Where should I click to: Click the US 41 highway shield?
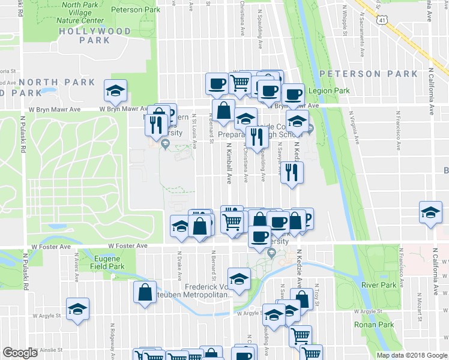[382, 21]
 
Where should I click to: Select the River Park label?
[379, 285]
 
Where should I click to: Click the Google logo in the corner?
[20, 353]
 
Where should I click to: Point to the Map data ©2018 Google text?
[411, 355]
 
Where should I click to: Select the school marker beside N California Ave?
[430, 214]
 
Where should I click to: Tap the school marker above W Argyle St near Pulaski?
[78, 308]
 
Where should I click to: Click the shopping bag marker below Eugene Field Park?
[145, 292]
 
